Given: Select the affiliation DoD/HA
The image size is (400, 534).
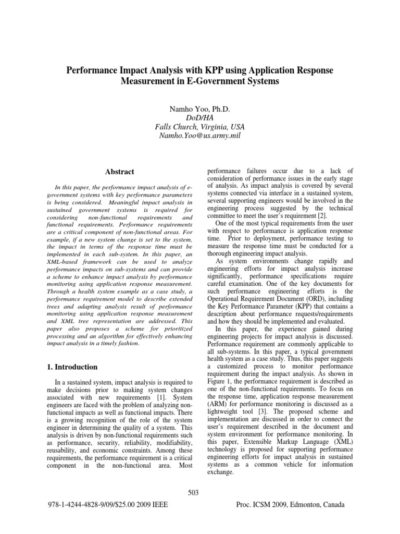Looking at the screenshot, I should (199, 117).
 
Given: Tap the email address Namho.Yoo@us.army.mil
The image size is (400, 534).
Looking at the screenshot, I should (199, 137).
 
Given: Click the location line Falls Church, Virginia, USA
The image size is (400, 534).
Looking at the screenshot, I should (199, 127).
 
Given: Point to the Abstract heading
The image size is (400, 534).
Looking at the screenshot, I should (119, 172).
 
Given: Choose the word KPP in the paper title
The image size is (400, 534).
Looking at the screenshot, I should (195, 70).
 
